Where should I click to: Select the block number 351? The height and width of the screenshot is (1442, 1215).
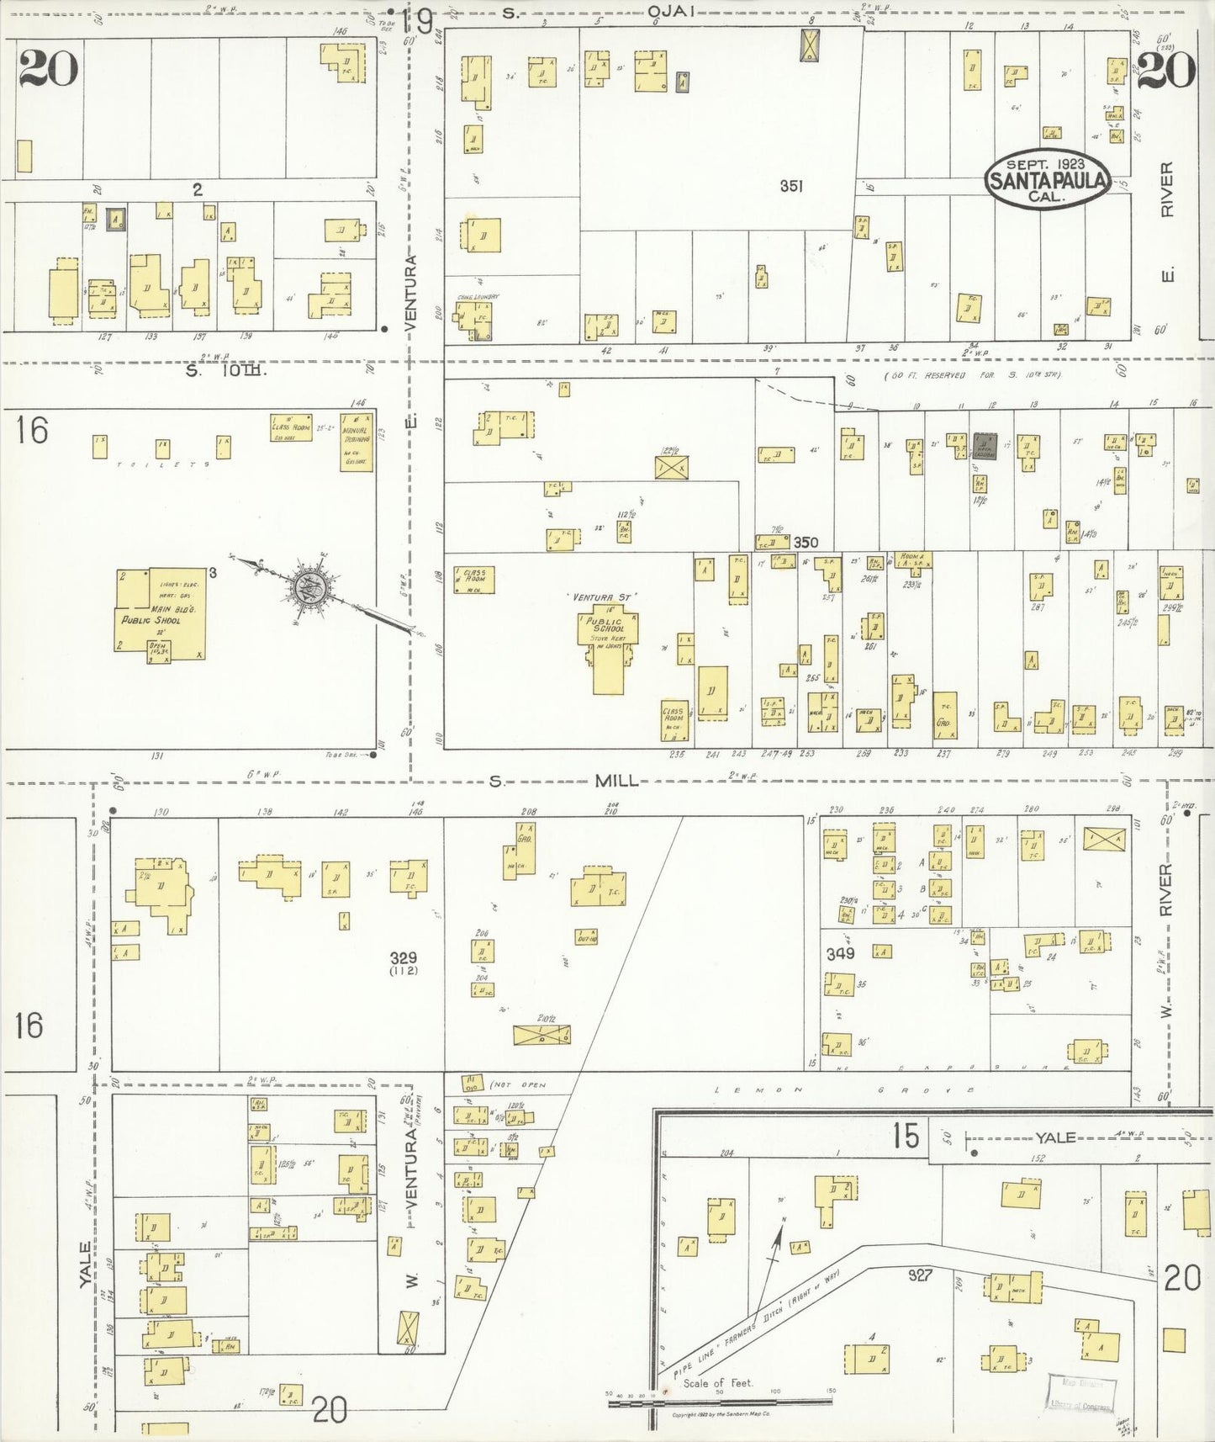(x=790, y=187)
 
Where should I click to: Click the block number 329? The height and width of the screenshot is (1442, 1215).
(x=403, y=957)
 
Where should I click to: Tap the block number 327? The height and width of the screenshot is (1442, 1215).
(x=921, y=1275)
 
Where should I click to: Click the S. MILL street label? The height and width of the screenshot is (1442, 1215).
(x=618, y=782)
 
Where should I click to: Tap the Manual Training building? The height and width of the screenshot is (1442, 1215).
(x=357, y=442)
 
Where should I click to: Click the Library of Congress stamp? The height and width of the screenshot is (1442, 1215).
(x=1081, y=1396)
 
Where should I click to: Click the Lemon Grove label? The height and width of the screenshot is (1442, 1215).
(x=841, y=1089)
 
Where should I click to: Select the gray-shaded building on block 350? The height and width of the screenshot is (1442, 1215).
(x=985, y=446)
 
